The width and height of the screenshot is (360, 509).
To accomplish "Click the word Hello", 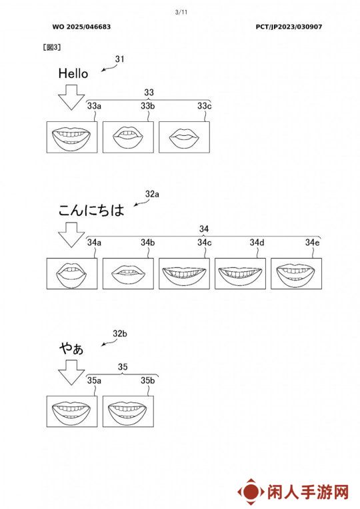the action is click(x=73, y=73).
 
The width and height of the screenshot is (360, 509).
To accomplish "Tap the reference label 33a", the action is click(x=94, y=106).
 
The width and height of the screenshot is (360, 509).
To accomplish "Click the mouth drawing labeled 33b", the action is click(x=128, y=137).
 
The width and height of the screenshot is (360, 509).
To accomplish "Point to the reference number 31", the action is click(x=119, y=59).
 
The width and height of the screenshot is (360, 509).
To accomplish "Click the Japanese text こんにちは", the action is click(x=91, y=210).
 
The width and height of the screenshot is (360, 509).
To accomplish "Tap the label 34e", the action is click(x=312, y=243).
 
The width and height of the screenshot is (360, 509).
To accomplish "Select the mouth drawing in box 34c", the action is click(x=184, y=273).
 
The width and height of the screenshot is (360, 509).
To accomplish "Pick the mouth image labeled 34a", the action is click(x=72, y=273).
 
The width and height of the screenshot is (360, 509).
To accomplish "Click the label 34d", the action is click(x=257, y=243).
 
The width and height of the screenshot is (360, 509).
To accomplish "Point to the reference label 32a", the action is click(x=152, y=194).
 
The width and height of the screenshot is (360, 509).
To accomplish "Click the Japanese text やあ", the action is click(x=71, y=348).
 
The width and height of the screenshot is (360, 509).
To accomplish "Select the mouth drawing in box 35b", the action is click(x=128, y=410).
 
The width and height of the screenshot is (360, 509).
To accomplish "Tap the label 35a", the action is click(x=94, y=380).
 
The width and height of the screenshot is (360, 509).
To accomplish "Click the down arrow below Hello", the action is click(x=71, y=97).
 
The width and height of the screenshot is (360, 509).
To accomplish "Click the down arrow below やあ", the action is click(x=71, y=372).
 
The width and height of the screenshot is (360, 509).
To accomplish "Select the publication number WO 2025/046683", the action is click(x=81, y=27).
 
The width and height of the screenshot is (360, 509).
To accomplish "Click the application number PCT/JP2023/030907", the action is click(x=289, y=27).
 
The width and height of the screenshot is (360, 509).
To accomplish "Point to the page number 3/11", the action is click(x=181, y=13).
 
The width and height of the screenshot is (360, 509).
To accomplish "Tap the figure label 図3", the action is click(x=51, y=47).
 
